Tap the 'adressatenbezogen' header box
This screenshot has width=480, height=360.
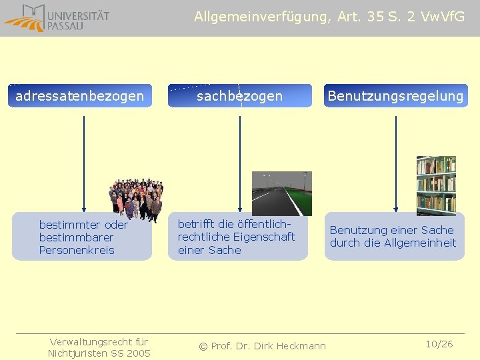pyautogui.click(x=80, y=96)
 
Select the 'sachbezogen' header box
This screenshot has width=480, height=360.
pyautogui.click(x=239, y=96)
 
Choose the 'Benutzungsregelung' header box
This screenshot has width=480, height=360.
pyautogui.click(x=395, y=96)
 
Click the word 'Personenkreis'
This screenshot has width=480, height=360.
pyautogui.click(x=77, y=250)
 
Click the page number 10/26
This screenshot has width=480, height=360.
pyautogui.click(x=439, y=344)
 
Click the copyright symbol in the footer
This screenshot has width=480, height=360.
pyautogui.click(x=204, y=345)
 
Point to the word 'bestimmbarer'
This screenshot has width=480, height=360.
pyautogui.click(x=76, y=237)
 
